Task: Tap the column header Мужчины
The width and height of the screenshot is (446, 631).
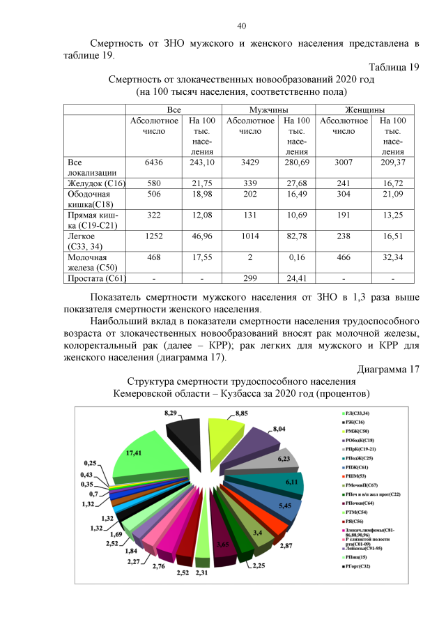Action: coord(269,110)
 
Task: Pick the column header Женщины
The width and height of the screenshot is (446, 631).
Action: coord(365,110)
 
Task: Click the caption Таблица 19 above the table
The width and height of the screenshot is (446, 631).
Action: coord(393,67)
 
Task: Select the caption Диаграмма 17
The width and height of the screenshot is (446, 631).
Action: coord(387,369)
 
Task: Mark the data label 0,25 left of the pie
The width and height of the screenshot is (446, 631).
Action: coord(90,462)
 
